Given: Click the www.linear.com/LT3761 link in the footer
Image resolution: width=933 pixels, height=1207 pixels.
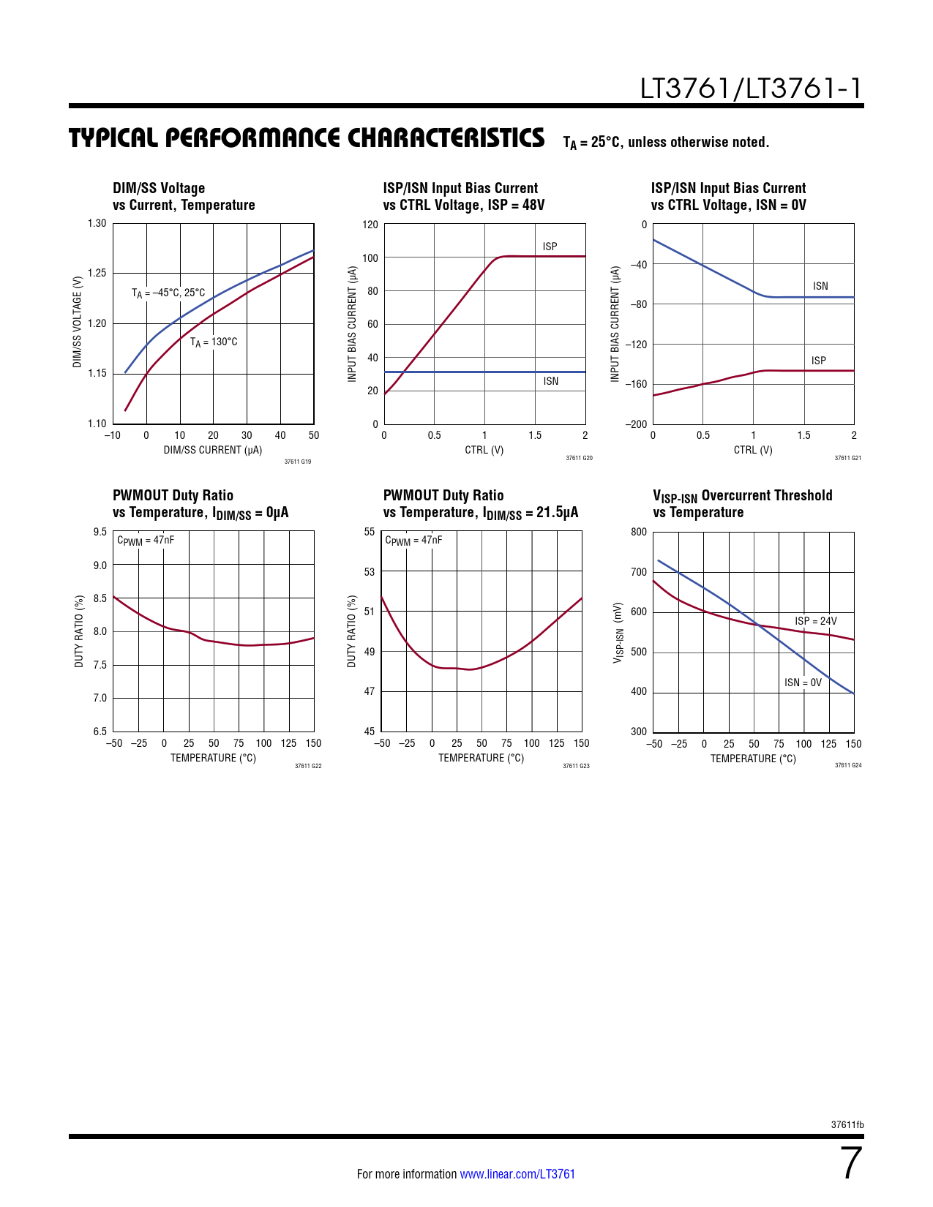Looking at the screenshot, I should pos(517,1174).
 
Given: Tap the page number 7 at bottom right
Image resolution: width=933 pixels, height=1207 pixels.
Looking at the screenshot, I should pos(850,1164).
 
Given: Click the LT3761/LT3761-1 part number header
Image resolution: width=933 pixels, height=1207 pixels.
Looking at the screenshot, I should pos(751,89).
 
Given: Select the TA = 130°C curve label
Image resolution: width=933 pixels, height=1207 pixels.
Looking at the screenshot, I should pos(214,342).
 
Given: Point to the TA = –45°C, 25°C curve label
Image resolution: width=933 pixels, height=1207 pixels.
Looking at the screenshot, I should pos(168,293).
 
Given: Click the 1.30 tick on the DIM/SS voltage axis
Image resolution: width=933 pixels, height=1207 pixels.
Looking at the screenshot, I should pos(97,224).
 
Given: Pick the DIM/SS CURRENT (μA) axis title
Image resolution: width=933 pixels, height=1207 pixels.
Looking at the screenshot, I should pos(213,450).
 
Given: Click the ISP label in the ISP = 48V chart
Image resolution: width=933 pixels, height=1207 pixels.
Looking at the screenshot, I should pos(550,247).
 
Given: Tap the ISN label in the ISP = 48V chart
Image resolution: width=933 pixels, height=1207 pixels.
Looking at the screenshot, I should pos(550,381).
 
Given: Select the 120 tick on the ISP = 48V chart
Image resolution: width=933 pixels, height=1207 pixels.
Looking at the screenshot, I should pos(370,225).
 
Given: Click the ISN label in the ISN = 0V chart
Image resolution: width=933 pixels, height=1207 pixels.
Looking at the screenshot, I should pos(820,286).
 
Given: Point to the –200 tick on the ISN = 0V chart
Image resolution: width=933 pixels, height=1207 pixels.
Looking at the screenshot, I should pos(636,424).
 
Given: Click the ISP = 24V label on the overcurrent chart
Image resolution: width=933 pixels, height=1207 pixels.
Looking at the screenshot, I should pos(816,621).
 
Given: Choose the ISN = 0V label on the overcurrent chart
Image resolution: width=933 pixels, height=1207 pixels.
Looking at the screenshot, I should pos(803,683).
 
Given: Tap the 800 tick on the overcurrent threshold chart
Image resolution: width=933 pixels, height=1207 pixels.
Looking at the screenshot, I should pos(639,532).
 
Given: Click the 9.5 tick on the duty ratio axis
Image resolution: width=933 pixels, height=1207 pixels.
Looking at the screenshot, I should pos(100,532).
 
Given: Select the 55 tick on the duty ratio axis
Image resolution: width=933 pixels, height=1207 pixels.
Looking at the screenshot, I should pos(370,532).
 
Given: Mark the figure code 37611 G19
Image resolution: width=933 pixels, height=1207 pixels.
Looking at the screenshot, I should pos(298,462).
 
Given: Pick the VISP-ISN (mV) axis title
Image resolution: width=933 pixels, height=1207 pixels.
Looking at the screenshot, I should pos(618,633).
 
